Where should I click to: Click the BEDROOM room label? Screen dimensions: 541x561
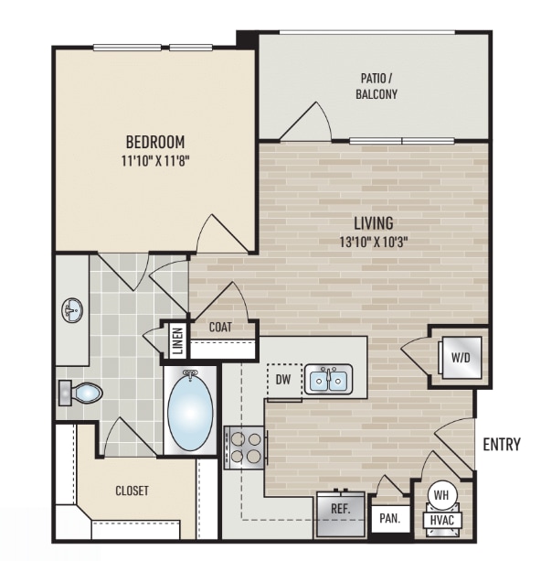click(x=155, y=142)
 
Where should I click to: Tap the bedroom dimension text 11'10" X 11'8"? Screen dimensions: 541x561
click(x=155, y=161)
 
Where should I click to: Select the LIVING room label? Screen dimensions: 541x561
click(x=374, y=223)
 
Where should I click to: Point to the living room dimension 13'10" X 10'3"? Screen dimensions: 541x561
click(x=374, y=243)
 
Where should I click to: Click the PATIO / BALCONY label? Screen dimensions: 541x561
click(x=377, y=86)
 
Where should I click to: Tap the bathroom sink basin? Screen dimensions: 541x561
click(x=72, y=310)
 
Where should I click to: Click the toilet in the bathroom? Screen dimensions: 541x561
click(x=80, y=393)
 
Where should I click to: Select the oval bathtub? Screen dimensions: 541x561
click(x=190, y=411)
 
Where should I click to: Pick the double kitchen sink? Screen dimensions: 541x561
click(x=328, y=379)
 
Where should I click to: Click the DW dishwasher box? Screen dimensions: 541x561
click(x=284, y=381)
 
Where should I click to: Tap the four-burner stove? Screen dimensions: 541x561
click(x=245, y=448)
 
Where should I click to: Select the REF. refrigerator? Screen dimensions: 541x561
click(x=341, y=514)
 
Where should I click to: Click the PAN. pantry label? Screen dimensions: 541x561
click(x=390, y=518)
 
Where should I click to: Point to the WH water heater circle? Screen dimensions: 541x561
click(x=441, y=495)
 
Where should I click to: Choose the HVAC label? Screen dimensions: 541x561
click(x=442, y=520)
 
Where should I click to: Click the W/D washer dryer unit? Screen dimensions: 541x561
click(x=461, y=358)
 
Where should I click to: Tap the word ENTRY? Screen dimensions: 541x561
click(x=502, y=444)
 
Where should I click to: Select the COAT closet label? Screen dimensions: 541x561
click(x=220, y=327)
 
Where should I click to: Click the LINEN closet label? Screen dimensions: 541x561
click(x=178, y=341)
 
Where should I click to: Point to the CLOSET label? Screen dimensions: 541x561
click(x=132, y=491)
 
